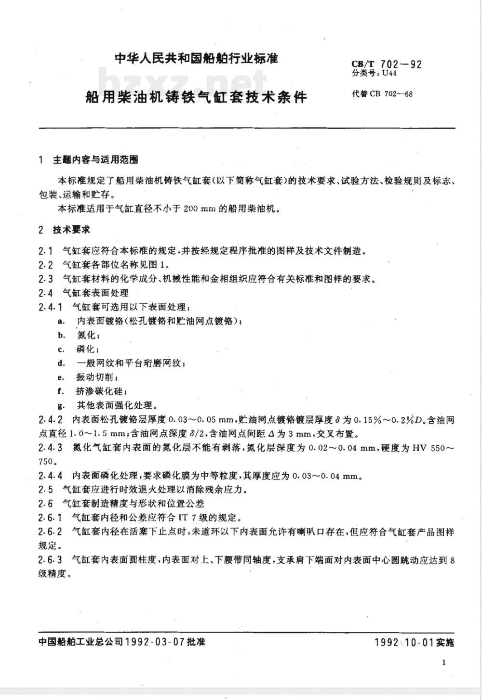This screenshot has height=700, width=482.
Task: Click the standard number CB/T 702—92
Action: (387, 64)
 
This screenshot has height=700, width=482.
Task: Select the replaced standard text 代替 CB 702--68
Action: (382, 93)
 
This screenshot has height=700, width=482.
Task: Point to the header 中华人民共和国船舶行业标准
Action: (196, 59)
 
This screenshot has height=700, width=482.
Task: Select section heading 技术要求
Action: (71, 230)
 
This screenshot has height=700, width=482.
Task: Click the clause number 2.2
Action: (45, 265)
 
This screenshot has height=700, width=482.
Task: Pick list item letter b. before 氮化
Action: (61, 335)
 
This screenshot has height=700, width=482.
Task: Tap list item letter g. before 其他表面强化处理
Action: (61, 405)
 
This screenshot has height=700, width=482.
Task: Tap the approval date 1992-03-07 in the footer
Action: (155, 642)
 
